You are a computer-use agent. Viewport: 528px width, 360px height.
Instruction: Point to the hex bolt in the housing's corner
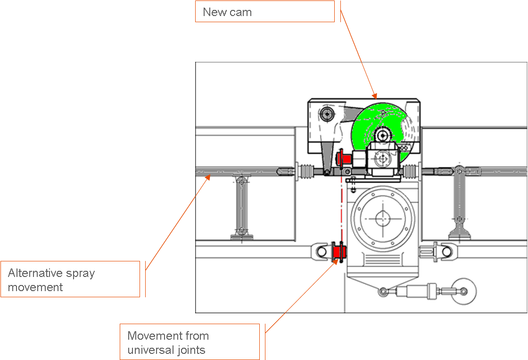327,114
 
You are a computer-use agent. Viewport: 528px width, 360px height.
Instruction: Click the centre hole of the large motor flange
382,218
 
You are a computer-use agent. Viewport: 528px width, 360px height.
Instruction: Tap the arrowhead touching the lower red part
336,261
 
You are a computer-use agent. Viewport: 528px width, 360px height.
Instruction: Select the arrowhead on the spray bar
208,177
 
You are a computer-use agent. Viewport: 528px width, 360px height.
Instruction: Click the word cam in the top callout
241,12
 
